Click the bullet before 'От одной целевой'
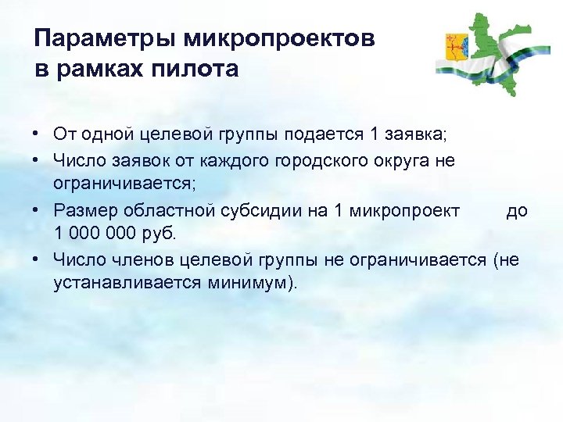pos(38,134)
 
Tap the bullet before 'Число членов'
pos(38,259)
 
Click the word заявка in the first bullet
pos(393,134)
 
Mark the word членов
pos(140,259)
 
